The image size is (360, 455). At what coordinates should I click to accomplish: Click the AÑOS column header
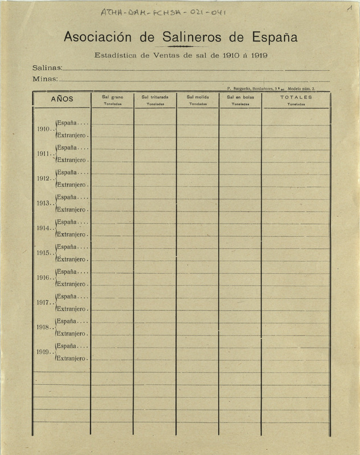[x=62, y=98]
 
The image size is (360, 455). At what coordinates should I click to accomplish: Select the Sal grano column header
[x=112, y=97]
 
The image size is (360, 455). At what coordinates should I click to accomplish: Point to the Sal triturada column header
[x=155, y=97]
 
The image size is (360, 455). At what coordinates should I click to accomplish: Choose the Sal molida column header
[x=197, y=97]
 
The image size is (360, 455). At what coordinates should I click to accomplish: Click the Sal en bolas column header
[x=239, y=97]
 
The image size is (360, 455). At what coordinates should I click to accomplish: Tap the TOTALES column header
[x=296, y=97]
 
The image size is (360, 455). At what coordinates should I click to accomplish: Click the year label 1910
[x=43, y=129]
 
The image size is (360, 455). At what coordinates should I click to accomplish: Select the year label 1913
[x=43, y=204]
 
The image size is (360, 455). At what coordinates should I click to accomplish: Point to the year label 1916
[x=43, y=278]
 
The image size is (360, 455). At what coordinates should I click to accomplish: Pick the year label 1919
[x=43, y=353]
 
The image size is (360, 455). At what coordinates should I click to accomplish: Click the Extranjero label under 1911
[x=72, y=160]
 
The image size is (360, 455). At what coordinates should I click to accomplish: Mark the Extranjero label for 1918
[x=72, y=333]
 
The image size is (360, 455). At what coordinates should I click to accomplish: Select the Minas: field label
[x=45, y=79]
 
